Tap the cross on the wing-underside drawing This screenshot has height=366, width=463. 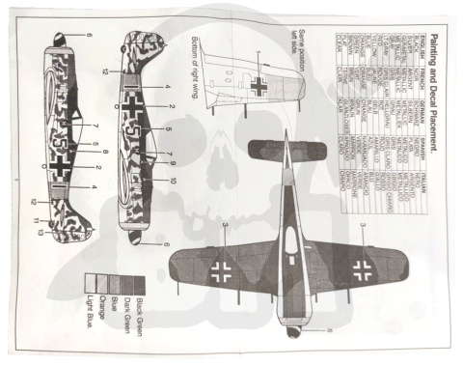pyautogui.click(x=259, y=86)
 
